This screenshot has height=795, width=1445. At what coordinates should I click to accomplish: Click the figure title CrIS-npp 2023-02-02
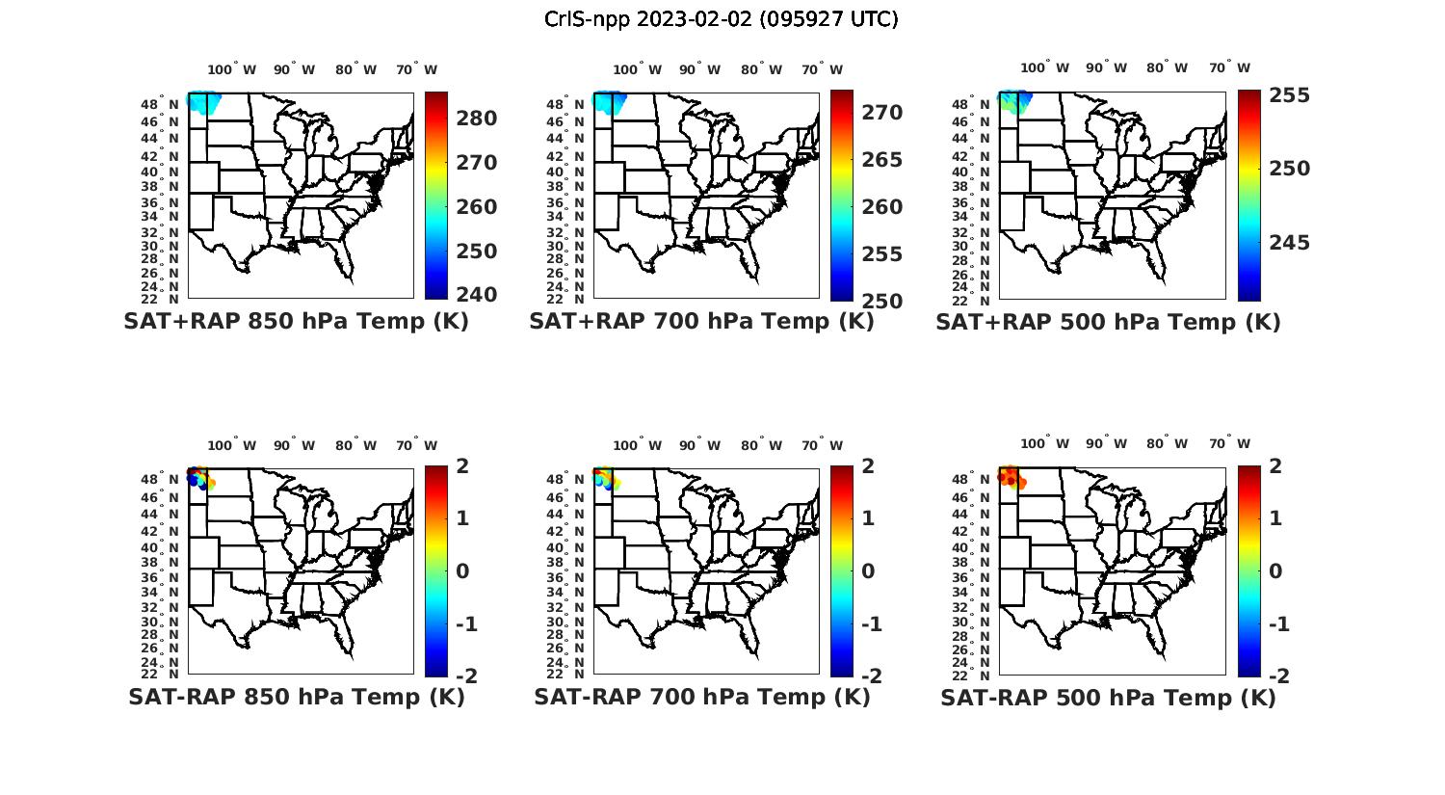[721, 19]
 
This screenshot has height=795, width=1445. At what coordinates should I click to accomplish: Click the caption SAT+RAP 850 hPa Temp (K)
[296, 322]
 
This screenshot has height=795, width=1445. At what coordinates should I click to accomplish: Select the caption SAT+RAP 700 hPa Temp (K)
[701, 322]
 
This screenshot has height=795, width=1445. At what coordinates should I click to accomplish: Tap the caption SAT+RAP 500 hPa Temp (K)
[1108, 322]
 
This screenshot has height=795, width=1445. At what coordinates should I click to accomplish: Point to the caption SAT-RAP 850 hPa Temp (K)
[296, 697]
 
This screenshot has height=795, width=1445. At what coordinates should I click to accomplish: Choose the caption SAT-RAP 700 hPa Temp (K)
[701, 697]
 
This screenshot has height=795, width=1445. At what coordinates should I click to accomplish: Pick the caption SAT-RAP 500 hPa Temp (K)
[1108, 697]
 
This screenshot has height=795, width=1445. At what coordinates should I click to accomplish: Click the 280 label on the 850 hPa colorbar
[476, 119]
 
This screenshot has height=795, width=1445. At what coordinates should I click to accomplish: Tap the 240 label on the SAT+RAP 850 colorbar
[476, 295]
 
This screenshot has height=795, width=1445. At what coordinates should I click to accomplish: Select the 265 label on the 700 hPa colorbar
[881, 160]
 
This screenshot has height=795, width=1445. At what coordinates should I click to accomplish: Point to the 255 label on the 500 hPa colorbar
[1289, 95]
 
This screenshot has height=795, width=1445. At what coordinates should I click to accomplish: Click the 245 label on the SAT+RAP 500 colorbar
[1289, 243]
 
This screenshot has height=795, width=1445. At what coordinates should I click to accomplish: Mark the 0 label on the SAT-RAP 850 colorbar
[461, 570]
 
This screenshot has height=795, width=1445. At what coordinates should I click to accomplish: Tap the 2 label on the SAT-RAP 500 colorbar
[1274, 466]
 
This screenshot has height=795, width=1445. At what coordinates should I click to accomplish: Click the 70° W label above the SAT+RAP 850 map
[416, 69]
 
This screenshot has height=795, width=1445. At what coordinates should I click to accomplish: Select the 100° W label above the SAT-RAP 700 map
[637, 445]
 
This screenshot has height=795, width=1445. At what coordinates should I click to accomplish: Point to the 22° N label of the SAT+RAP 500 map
[982, 299]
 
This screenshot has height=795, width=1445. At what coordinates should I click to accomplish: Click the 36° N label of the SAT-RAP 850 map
[169, 577]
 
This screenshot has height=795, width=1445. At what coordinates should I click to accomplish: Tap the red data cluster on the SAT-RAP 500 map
[1010, 476]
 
